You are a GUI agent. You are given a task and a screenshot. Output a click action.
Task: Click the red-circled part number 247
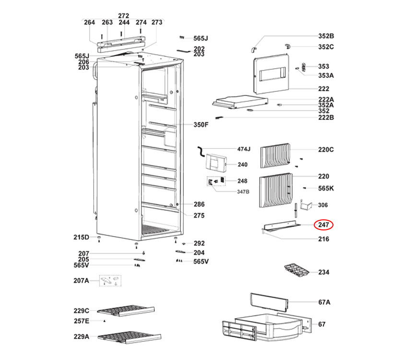pyautogui.click(x=323, y=225)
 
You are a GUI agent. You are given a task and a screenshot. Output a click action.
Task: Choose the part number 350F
pyautogui.click(x=201, y=125)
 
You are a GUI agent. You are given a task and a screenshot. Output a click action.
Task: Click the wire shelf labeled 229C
pyautogui.click(x=126, y=311)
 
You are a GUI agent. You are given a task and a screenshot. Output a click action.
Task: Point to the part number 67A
pyautogui.click(x=324, y=302)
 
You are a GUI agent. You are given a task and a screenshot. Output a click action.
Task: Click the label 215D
pyautogui.click(x=82, y=237)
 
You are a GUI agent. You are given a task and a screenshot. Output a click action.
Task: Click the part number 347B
pyautogui.click(x=243, y=192)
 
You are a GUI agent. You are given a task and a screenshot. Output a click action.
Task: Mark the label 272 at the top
pyautogui.click(x=124, y=16)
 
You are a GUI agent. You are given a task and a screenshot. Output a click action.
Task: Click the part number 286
pyautogui.click(x=199, y=204)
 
